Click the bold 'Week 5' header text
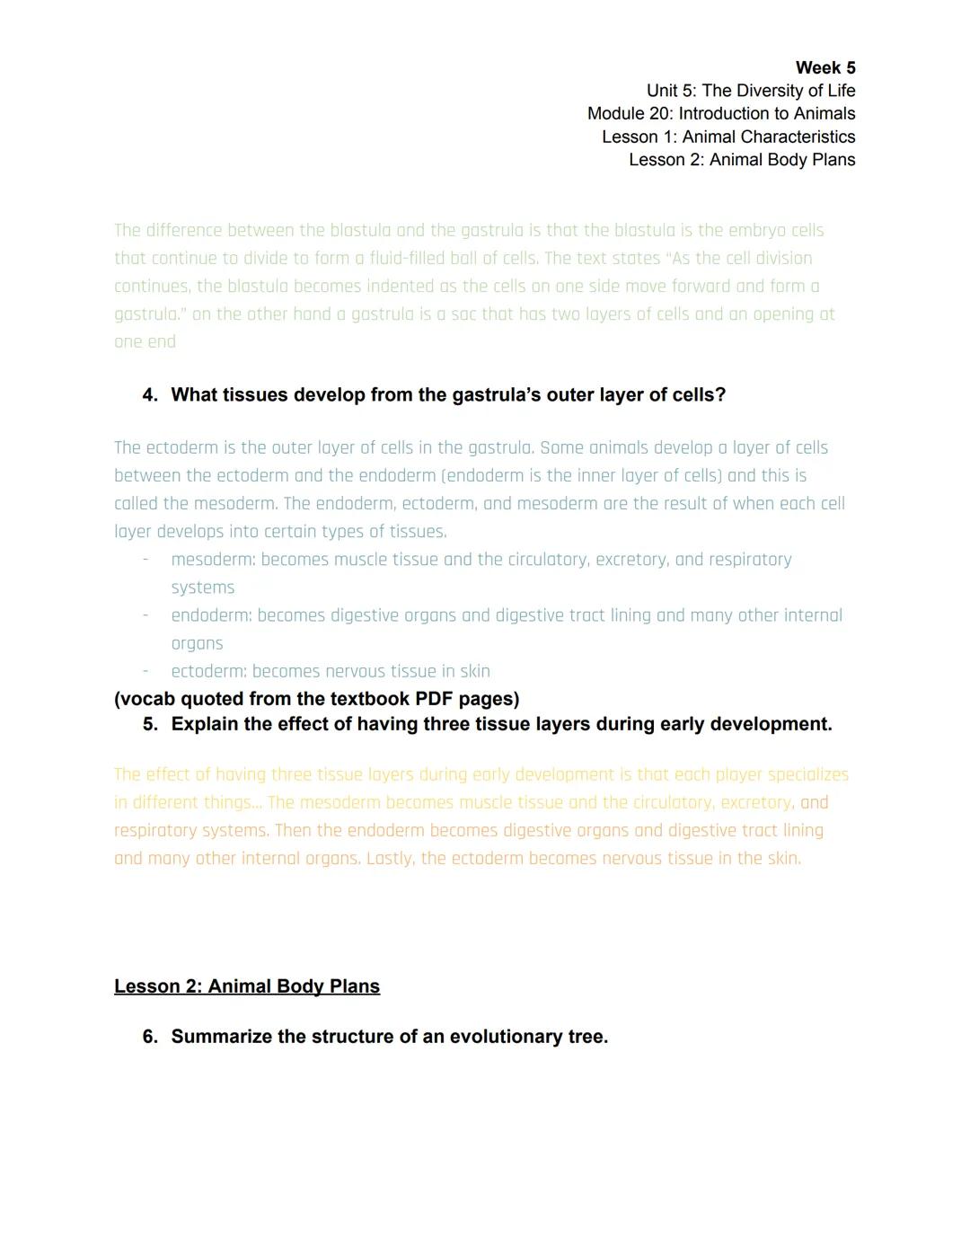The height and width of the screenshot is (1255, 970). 824,68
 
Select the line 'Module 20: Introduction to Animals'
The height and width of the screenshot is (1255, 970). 720,114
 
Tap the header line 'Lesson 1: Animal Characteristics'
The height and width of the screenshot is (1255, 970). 727,137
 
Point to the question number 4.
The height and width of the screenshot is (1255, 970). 149,395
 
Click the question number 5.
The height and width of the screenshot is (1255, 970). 149,724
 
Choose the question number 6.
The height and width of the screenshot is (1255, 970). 149,1037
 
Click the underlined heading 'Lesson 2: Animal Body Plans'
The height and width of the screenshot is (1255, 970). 247,986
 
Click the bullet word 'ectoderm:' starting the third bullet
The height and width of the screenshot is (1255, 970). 209,671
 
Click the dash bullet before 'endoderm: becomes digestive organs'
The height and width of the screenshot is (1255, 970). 145,615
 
